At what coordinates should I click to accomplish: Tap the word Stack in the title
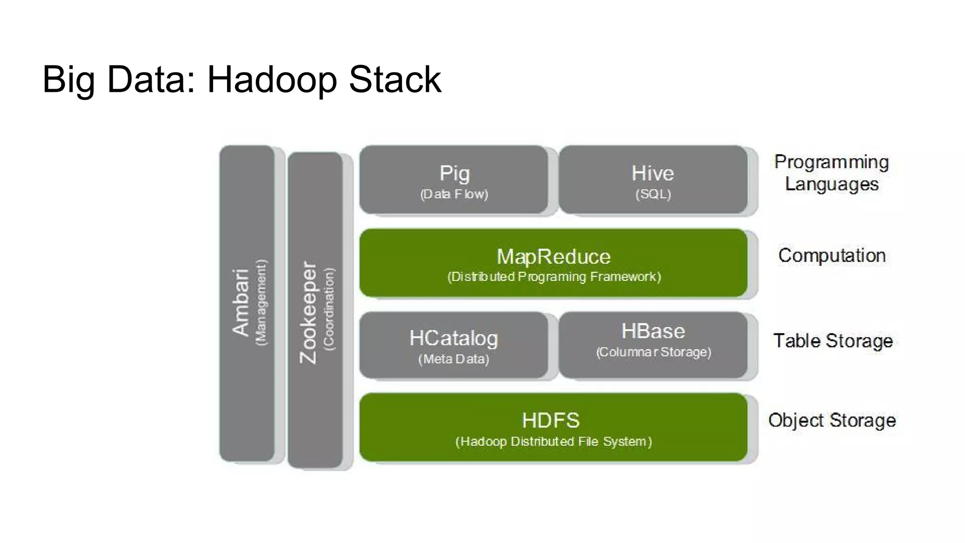pyautogui.click(x=395, y=79)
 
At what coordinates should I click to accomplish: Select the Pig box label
pyautogui.click(x=454, y=173)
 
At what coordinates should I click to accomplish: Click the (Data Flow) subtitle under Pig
pyautogui.click(x=454, y=194)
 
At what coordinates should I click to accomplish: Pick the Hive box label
pyautogui.click(x=653, y=173)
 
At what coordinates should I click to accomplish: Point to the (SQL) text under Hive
pyautogui.click(x=653, y=194)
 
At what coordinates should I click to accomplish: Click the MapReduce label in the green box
pyautogui.click(x=554, y=257)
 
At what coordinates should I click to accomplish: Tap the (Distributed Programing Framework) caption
pyautogui.click(x=554, y=277)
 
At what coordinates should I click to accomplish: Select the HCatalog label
pyautogui.click(x=454, y=338)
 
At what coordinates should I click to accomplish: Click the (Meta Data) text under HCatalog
pyautogui.click(x=454, y=359)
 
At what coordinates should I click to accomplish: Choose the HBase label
pyautogui.click(x=653, y=331)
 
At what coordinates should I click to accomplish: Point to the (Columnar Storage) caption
pyautogui.click(x=654, y=352)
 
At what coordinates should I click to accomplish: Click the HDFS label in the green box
pyautogui.click(x=551, y=420)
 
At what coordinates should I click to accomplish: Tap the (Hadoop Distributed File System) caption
pyautogui.click(x=554, y=442)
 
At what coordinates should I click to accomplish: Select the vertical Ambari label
pyautogui.click(x=241, y=303)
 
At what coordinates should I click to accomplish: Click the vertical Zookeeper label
pyautogui.click(x=309, y=313)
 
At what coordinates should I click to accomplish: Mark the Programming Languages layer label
pyautogui.click(x=832, y=173)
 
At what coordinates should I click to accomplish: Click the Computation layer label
pyautogui.click(x=832, y=255)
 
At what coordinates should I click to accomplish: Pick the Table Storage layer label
pyautogui.click(x=833, y=341)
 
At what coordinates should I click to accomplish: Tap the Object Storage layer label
pyautogui.click(x=832, y=420)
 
